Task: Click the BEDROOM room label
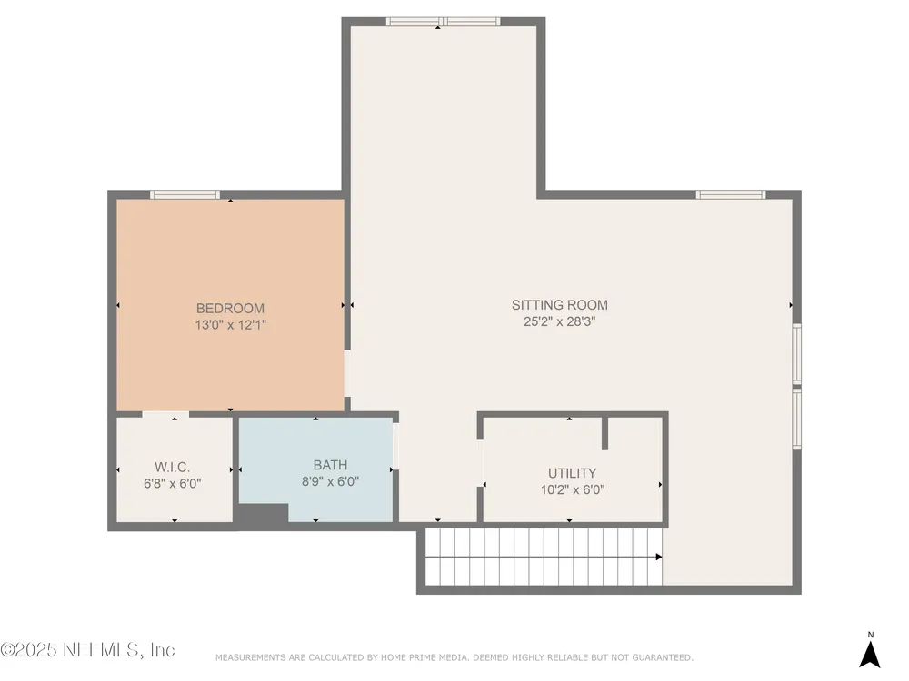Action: coord(230,309)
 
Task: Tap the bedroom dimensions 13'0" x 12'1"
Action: coord(230,325)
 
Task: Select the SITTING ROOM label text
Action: coord(559,305)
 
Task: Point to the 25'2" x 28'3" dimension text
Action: coord(559,321)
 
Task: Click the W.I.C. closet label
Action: coord(172,468)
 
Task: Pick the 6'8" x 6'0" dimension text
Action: coord(172,484)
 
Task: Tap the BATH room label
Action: coord(331,465)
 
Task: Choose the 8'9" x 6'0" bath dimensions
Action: coord(331,481)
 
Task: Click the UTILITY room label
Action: coord(572,473)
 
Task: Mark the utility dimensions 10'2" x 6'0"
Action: coord(572,490)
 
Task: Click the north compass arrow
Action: coord(870,655)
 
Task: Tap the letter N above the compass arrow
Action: coord(870,635)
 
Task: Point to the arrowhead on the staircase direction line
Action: coord(658,558)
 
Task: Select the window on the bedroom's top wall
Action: coord(185,194)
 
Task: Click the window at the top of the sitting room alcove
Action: coord(444,22)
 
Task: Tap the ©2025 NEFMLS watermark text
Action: coord(87,650)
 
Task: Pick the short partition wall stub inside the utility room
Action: coord(604,432)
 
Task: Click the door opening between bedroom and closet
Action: coord(165,414)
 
